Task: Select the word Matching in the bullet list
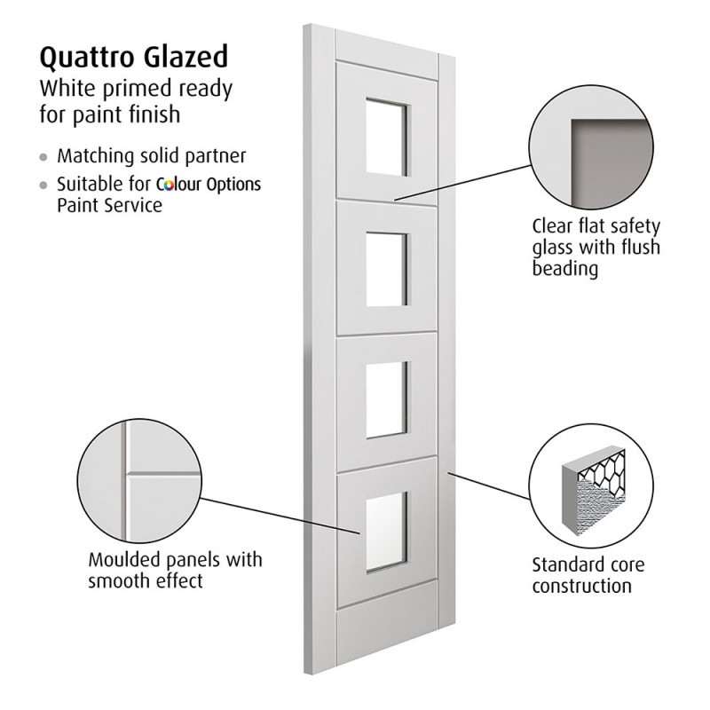click(x=93, y=156)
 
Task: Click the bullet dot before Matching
click(x=43, y=157)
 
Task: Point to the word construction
click(x=581, y=586)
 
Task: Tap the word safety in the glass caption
click(x=635, y=225)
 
